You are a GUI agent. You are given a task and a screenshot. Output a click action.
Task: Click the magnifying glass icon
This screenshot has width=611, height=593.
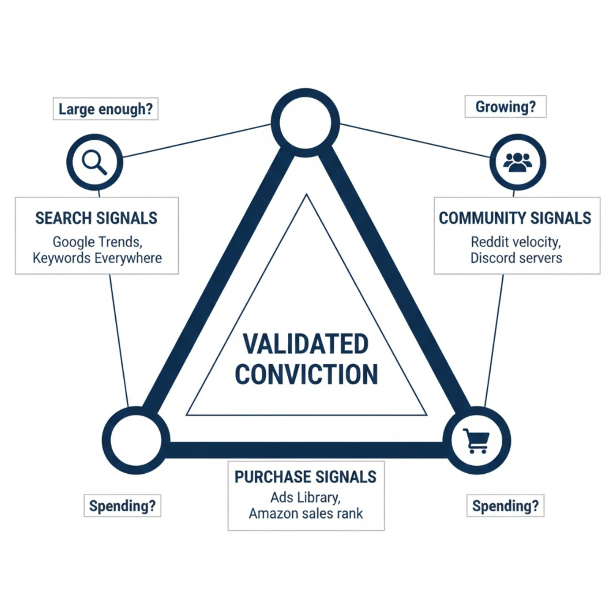click(x=95, y=162)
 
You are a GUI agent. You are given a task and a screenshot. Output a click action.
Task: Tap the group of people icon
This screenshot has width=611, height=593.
click(x=518, y=162)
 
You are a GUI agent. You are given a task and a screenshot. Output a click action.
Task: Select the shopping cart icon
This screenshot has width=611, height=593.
click(x=477, y=441)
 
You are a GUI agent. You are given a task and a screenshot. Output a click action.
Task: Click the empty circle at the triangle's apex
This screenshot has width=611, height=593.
click(x=305, y=123)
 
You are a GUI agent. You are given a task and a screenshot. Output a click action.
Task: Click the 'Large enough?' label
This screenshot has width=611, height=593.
click(x=105, y=109)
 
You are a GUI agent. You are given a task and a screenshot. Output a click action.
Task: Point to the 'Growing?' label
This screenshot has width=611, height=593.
click(x=505, y=107)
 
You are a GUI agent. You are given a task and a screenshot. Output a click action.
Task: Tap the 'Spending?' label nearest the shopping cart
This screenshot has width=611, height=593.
click(x=505, y=506)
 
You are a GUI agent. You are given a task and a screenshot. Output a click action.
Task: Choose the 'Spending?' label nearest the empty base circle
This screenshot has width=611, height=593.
click(x=122, y=506)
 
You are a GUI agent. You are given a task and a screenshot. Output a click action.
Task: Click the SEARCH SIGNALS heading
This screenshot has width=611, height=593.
click(x=96, y=218)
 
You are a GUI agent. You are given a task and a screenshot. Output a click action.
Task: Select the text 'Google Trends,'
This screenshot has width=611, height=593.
click(x=97, y=242)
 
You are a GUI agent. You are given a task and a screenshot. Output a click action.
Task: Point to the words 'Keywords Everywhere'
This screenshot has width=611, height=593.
click(x=97, y=258)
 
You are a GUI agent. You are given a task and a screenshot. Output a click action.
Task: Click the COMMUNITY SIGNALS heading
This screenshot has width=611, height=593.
click(x=515, y=218)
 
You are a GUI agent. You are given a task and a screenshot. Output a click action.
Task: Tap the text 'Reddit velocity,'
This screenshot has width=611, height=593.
click(x=516, y=242)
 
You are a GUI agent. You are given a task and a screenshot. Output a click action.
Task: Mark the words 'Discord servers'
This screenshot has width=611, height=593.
click(x=516, y=258)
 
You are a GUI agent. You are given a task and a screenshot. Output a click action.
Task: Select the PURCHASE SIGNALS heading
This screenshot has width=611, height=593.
click(x=305, y=477)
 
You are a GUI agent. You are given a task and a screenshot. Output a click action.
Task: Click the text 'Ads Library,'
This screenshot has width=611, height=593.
click(x=305, y=497)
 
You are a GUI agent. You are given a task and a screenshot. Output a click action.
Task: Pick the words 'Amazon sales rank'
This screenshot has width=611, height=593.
click(x=305, y=513)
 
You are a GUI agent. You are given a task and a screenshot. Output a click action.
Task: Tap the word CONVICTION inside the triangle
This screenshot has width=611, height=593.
click(x=306, y=375)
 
